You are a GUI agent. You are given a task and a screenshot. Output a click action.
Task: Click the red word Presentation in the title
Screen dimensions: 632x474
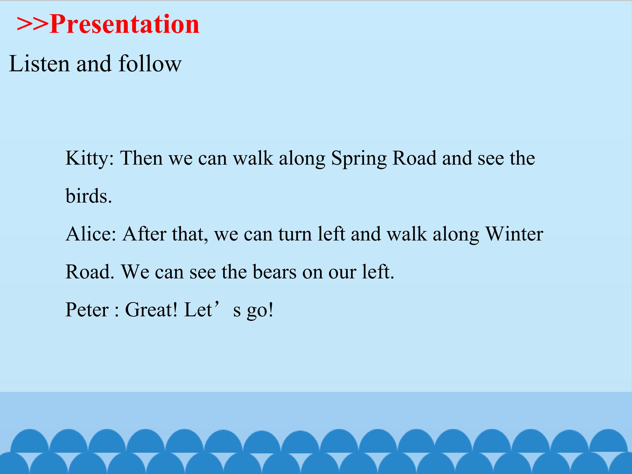coord(125,24)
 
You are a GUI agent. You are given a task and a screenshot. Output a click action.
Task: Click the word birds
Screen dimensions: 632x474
coord(89,196)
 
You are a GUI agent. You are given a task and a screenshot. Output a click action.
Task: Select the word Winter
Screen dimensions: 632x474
coord(514,234)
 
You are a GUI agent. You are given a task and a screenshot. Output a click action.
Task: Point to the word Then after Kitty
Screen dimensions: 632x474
coord(141,158)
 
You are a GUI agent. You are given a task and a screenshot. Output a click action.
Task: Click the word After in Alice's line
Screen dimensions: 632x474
coord(144,234)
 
